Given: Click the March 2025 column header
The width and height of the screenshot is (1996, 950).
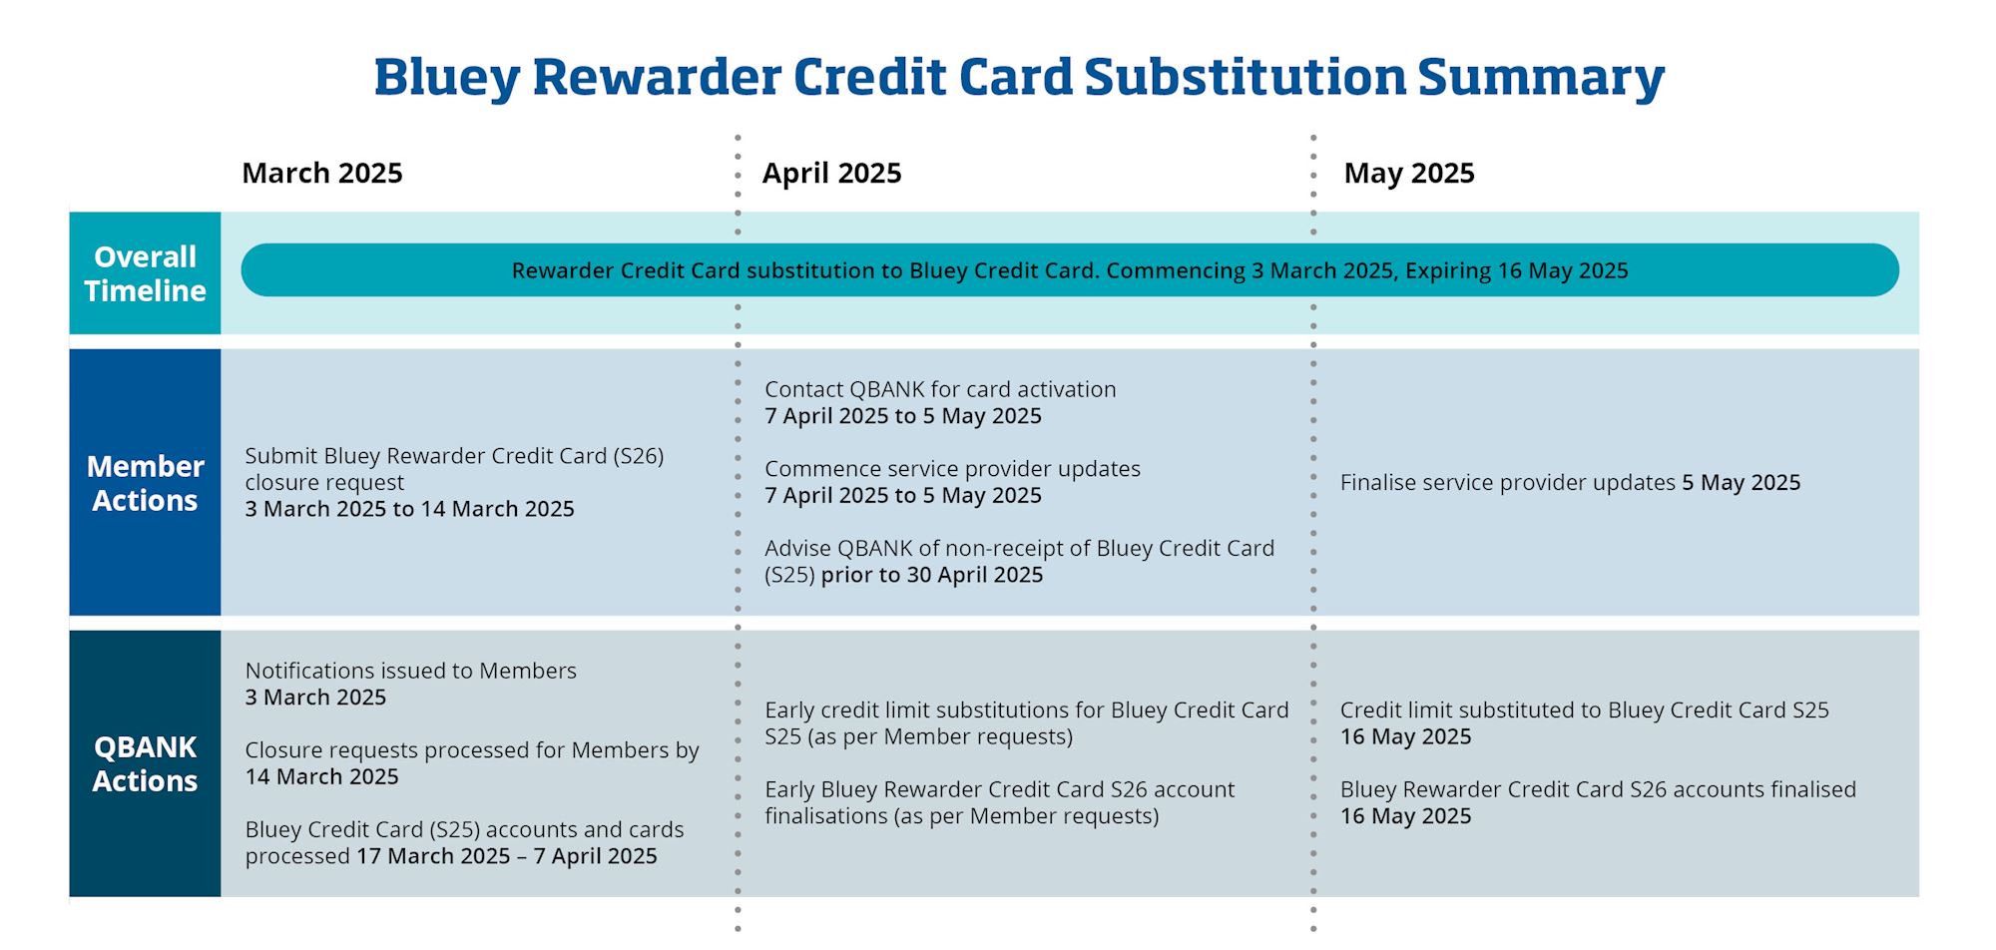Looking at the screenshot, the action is coord(322,173).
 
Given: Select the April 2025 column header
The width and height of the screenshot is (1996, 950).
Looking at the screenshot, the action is coord(831,173).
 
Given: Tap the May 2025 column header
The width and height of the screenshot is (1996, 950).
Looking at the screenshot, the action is coord(1409,173).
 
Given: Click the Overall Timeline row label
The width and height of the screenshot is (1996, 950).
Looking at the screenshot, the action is coord(145,273).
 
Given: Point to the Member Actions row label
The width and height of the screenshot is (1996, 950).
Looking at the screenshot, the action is coord(145,483).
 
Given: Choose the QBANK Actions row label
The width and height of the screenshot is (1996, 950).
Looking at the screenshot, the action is coord(145,763).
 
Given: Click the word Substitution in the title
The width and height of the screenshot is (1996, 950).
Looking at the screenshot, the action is coord(1245,76).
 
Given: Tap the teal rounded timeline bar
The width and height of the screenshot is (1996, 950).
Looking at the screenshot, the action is coord(1070,269).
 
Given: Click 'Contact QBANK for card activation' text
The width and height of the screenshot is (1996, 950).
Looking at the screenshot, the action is coord(940,389).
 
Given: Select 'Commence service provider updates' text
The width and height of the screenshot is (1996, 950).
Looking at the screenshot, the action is coord(952,468).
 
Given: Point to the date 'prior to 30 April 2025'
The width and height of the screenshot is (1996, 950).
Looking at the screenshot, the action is coord(932,575).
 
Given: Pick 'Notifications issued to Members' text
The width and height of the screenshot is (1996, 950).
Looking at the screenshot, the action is coord(411,671).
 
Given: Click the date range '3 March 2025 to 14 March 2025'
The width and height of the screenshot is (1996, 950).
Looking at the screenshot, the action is coord(410,509).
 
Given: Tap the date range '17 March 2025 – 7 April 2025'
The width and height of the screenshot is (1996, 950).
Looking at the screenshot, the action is coord(507,856).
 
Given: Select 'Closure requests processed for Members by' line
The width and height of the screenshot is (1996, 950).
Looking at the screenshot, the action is coord(472,749).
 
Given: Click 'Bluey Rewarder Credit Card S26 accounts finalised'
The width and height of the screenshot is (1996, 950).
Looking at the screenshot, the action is coord(1598,789).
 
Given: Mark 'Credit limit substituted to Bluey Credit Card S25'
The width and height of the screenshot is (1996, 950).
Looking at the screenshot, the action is coord(1584,710).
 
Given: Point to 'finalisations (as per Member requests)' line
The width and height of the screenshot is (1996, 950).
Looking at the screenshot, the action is coord(962,816).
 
